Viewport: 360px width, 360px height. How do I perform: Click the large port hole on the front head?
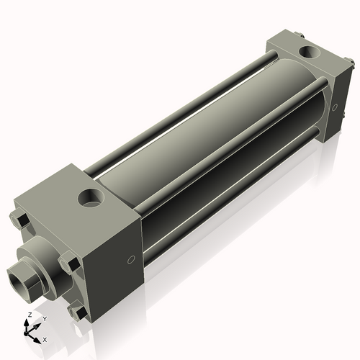(92, 197)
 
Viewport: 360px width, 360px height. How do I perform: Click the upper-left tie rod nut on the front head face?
(19, 220)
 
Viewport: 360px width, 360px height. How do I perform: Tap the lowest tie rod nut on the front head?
(78, 312)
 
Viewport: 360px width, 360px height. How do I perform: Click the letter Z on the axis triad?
(29, 315)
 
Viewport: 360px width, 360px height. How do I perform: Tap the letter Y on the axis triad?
(44, 318)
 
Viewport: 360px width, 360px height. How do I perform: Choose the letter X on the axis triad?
(45, 338)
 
